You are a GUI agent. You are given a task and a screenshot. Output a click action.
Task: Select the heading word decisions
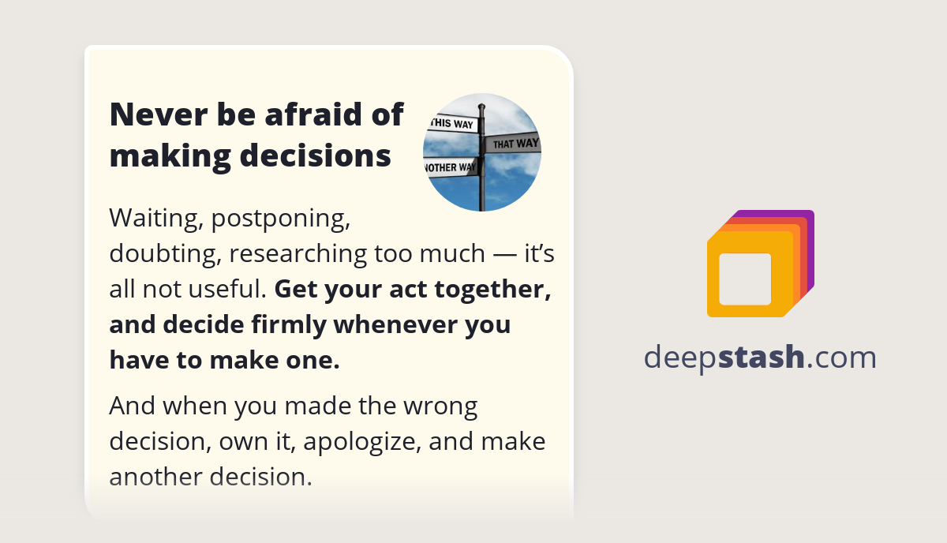click(x=315, y=155)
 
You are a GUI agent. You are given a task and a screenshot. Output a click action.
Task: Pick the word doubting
click(x=165, y=253)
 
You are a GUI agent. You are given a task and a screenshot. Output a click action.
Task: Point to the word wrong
click(x=440, y=406)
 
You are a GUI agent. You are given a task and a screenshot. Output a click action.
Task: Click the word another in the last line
click(x=153, y=477)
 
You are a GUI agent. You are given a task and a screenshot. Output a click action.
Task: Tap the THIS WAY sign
click(x=451, y=124)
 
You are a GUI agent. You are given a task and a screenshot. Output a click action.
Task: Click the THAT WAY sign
click(x=514, y=144)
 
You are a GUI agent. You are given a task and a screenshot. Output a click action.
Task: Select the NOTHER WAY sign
click(x=451, y=167)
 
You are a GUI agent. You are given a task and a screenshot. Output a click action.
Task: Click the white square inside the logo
click(x=745, y=279)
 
